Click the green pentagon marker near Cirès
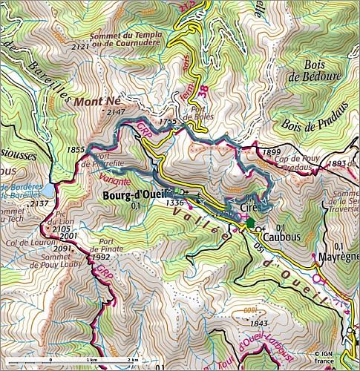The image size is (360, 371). pyautogui.click(x=251, y=222)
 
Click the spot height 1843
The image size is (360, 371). pyautogui.click(x=259, y=323)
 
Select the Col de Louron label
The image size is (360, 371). pyautogui.click(x=21, y=242)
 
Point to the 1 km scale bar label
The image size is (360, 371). pyautogui.click(x=92, y=360)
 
